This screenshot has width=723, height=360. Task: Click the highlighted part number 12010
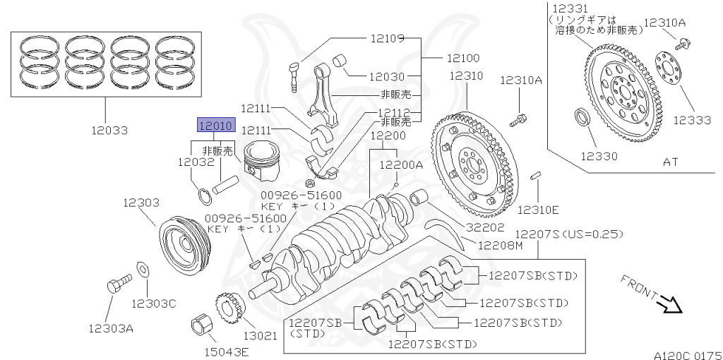(214, 126)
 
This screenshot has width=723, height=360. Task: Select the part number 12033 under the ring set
(109, 130)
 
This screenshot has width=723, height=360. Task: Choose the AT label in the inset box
(670, 162)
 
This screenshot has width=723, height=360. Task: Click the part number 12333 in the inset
(691, 120)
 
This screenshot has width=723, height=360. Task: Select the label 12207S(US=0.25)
(570, 234)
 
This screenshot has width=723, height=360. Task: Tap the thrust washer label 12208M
(500, 246)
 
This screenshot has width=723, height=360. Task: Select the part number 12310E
(538, 210)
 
